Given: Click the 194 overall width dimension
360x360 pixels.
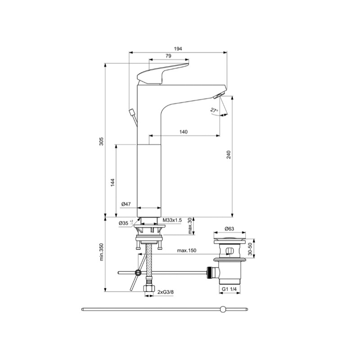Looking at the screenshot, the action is click(178, 49).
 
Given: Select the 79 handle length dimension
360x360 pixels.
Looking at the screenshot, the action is click(168, 56).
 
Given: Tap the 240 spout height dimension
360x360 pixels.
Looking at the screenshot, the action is click(229, 155).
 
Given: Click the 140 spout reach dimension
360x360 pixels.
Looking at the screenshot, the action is click(184, 132).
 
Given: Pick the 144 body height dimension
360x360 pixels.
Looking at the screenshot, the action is click(112, 182).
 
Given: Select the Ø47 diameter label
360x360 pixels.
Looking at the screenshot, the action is click(126, 204).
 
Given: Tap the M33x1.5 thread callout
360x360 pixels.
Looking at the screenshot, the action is click(172, 220).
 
